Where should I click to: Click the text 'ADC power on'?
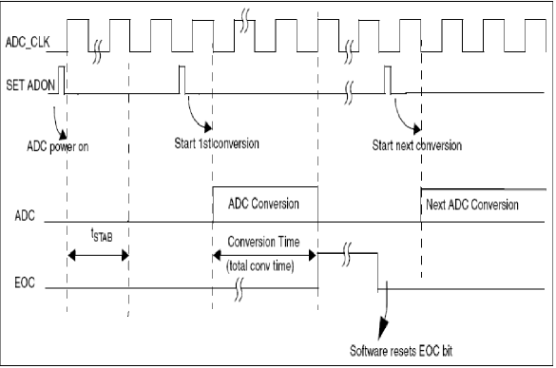(63, 146)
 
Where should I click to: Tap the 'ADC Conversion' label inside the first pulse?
(263, 203)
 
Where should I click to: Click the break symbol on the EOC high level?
(348, 254)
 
